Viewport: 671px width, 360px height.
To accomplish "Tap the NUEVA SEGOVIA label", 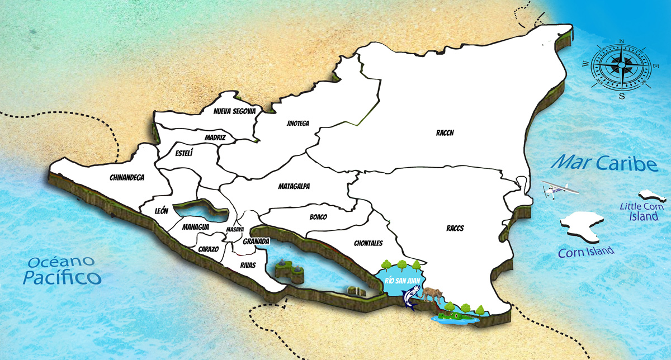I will coord(234,111).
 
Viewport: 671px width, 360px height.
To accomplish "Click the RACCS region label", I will coord(455,228).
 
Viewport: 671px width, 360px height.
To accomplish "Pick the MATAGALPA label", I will coord(294,186).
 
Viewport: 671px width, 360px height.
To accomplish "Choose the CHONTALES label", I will coord(368,243).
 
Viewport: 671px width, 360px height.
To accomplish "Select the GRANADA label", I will coord(257,241).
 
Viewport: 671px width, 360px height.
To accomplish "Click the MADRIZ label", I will coord(215,137).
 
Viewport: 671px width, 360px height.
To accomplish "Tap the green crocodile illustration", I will coord(454,318).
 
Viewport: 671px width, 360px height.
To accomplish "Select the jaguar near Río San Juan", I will coord(432,293).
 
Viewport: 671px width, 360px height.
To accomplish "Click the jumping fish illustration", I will coord(411,296).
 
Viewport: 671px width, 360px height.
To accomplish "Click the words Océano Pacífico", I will coord(62,269).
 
